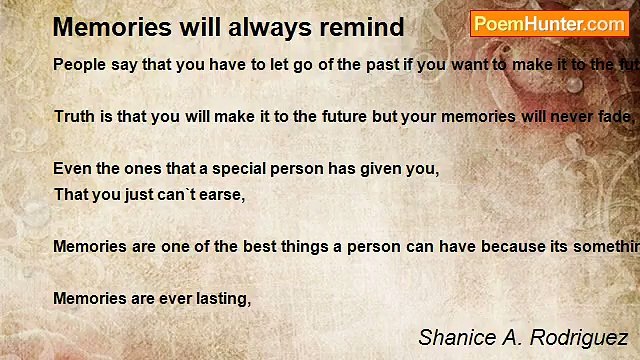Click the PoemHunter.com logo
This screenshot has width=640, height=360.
coord(549,24)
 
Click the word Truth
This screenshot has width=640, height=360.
coord(74,117)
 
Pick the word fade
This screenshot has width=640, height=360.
coord(611,117)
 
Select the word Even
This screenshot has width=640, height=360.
coord(71,169)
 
